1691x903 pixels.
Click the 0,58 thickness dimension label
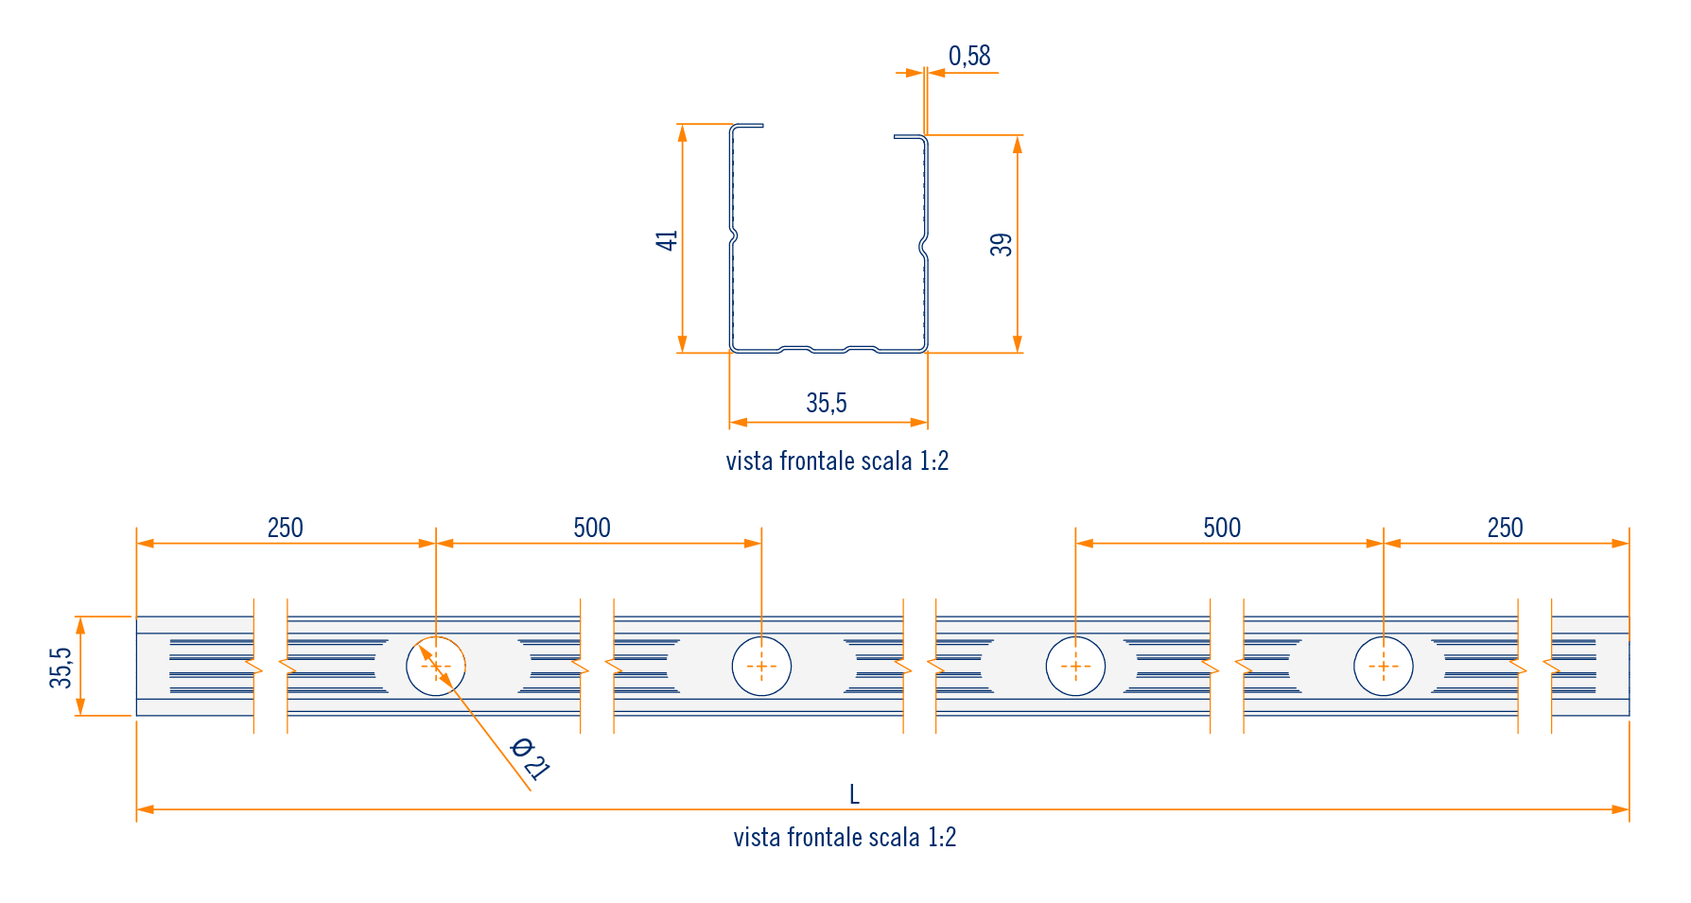(x=969, y=57)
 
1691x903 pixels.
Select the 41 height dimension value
(x=668, y=240)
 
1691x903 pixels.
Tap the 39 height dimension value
(x=1002, y=245)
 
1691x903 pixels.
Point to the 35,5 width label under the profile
(x=827, y=404)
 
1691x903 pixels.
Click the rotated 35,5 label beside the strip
(x=61, y=668)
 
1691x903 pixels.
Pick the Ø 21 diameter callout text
(x=530, y=758)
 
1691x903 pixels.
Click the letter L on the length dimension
(x=854, y=794)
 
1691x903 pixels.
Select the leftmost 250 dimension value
(x=285, y=528)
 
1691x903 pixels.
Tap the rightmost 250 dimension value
(x=1505, y=528)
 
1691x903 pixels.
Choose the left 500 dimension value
(x=592, y=528)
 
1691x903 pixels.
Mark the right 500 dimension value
(x=1222, y=528)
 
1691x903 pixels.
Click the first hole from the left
(x=436, y=667)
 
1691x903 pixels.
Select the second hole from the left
(x=761, y=667)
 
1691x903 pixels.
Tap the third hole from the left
(x=1075, y=667)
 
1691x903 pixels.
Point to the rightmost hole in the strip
(x=1384, y=667)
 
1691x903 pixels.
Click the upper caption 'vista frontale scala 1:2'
(x=837, y=461)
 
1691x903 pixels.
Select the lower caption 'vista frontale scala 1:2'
(x=845, y=838)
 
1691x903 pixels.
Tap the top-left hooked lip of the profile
(x=746, y=126)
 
